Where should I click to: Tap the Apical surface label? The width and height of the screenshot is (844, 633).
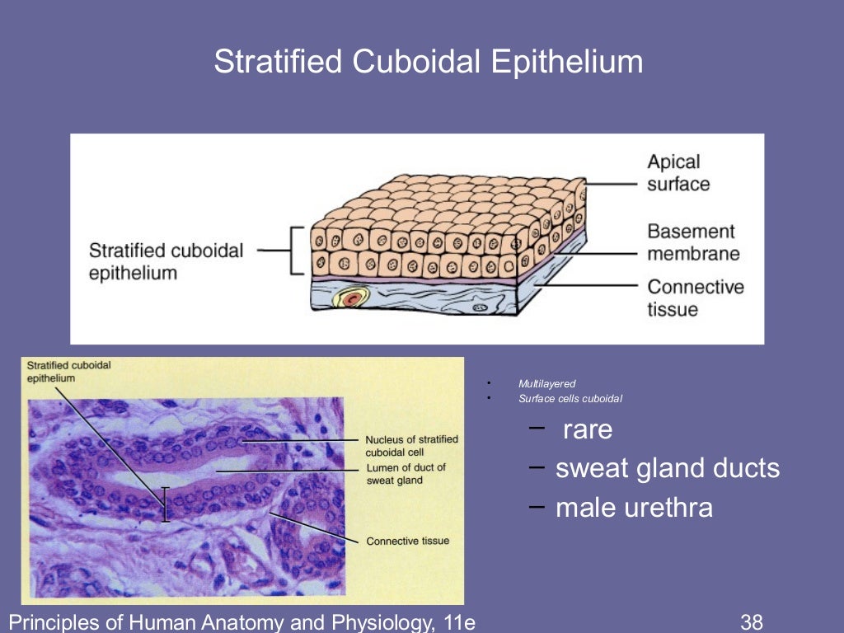coord(678,172)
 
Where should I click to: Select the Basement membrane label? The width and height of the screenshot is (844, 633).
coord(693,242)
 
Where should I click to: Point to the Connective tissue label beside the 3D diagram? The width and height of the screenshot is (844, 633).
coord(695,298)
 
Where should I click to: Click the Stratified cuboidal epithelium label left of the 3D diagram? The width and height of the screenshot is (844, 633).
coord(166,260)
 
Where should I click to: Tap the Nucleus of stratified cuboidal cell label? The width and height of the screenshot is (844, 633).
coord(411,445)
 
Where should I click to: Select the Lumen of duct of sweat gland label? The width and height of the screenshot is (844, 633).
coord(406,474)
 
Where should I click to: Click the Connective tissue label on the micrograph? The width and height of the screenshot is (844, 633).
coord(408,541)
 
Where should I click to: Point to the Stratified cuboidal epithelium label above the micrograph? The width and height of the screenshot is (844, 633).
coord(68,371)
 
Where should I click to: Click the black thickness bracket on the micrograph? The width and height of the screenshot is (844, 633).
coord(165,504)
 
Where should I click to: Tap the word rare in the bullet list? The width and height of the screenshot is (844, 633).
coord(588,429)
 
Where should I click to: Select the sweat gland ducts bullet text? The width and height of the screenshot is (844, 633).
coord(667,469)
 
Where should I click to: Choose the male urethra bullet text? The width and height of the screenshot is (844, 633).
coord(634,507)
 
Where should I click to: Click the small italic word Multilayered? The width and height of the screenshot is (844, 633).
coord(546,383)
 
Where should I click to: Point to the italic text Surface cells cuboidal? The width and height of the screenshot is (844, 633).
coord(570,399)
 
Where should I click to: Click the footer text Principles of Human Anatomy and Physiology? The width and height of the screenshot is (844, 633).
coord(242,621)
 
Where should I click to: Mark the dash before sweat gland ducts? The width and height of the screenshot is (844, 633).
coord(537,467)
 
